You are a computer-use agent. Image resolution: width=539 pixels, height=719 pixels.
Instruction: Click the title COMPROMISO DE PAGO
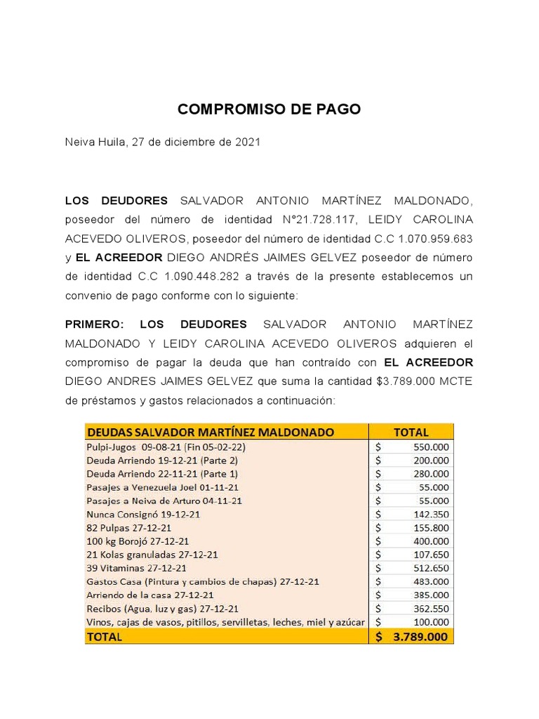pyautogui.click(x=269, y=110)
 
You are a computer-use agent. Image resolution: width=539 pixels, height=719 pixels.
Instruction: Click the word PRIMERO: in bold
pyautogui.click(x=94, y=324)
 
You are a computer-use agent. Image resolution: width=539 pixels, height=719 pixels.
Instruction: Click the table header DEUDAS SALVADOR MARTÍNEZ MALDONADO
pyautogui.click(x=210, y=432)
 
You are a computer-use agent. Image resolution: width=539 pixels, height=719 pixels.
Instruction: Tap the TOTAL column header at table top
pyautogui.click(x=411, y=432)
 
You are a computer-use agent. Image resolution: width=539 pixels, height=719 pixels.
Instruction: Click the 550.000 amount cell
pyautogui.click(x=432, y=447)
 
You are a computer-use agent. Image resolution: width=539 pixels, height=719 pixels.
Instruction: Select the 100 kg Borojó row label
pyautogui.click(x=137, y=541)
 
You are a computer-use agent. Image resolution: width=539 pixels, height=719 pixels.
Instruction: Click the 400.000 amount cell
pyautogui.click(x=432, y=541)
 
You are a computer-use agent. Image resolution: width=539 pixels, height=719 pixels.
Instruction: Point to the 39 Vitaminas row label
pyautogui.click(x=136, y=568)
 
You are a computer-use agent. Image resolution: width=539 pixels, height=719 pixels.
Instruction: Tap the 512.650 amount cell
pyautogui.click(x=432, y=568)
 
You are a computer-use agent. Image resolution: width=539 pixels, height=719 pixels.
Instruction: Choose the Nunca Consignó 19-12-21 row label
pyautogui.click(x=142, y=514)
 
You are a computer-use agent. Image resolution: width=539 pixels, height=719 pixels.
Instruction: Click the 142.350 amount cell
pyautogui.click(x=432, y=514)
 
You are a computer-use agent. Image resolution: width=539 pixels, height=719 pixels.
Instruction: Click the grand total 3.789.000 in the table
pyautogui.click(x=420, y=637)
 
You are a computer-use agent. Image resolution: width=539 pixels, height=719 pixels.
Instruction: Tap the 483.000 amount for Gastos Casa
pyautogui.click(x=432, y=581)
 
